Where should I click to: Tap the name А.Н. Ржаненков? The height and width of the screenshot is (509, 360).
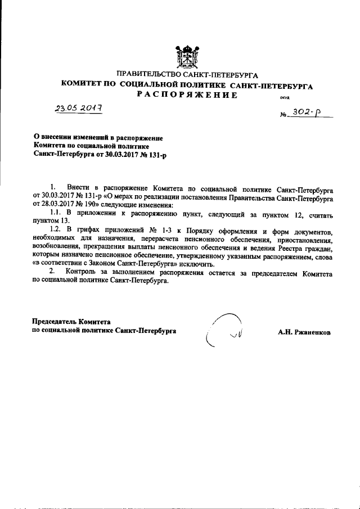[304, 332]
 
